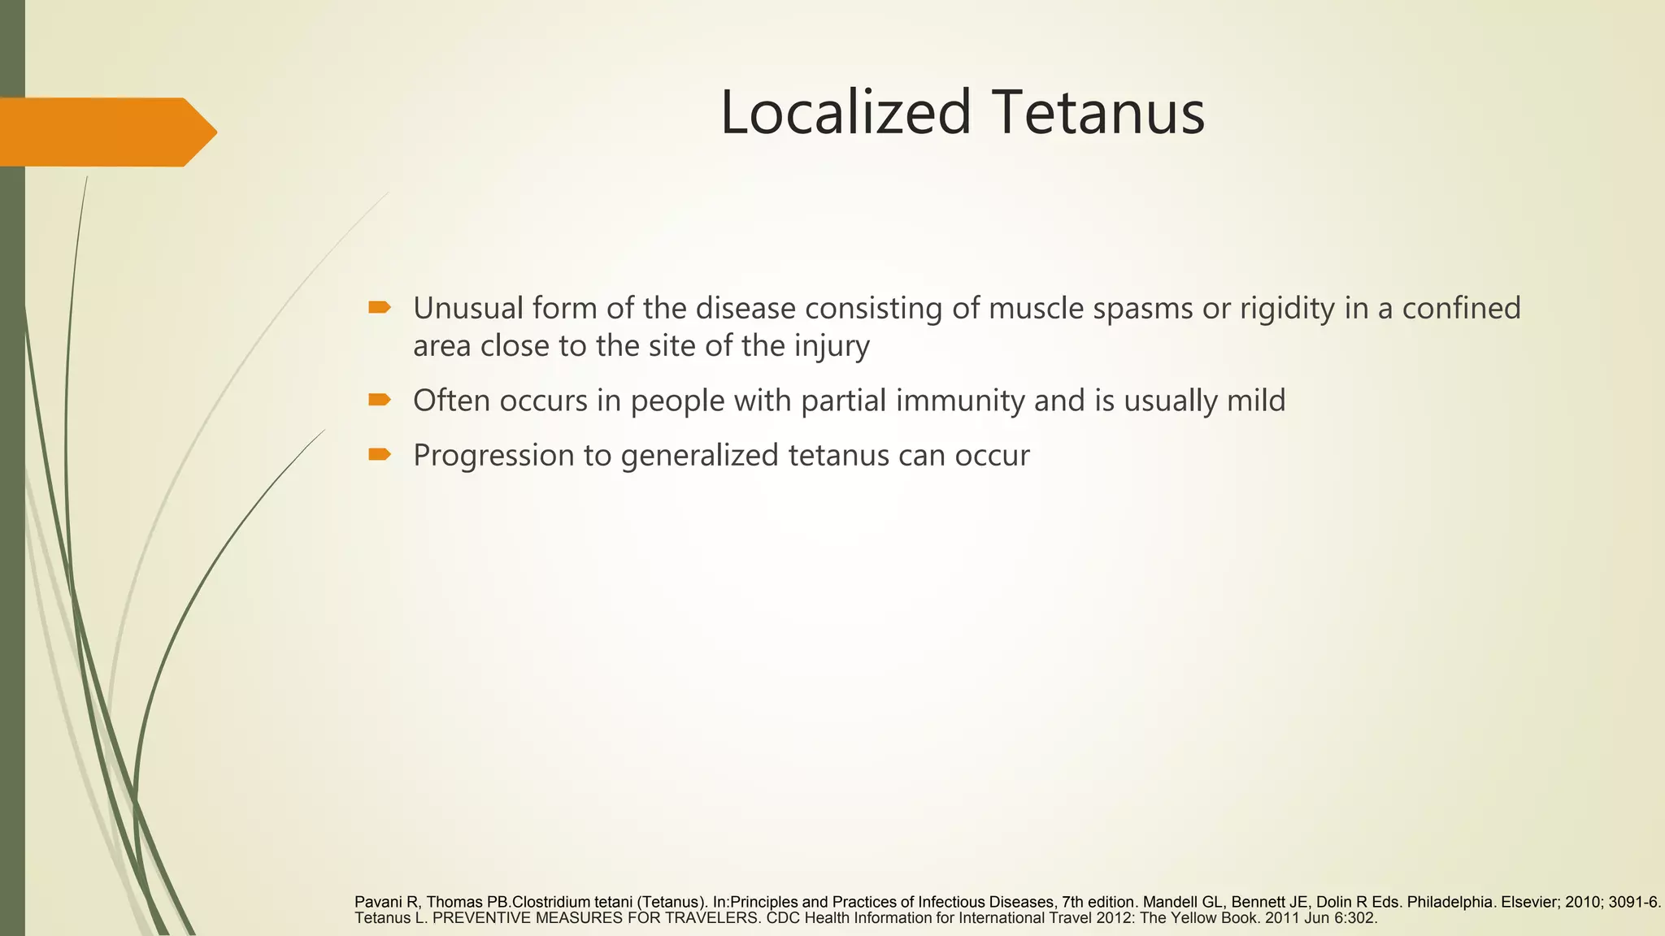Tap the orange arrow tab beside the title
coord(106,132)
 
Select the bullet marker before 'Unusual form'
coord(379,307)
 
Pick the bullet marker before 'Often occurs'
coord(379,400)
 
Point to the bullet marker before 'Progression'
coord(379,454)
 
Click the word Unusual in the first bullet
coord(467,308)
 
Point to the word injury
coord(832,347)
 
